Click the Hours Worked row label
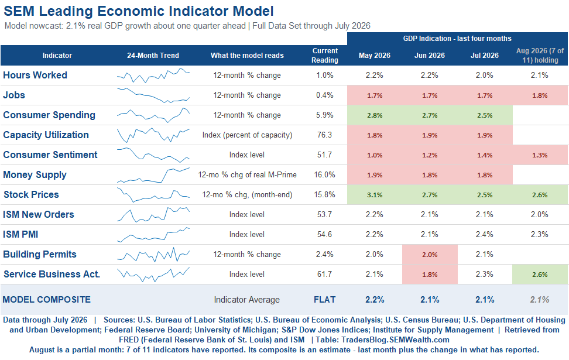coord(35,75)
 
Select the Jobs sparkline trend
coord(153,95)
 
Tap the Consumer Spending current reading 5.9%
coord(324,115)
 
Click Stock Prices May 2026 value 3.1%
coord(375,195)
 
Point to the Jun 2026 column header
coord(430,56)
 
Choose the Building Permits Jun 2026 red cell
coord(430,255)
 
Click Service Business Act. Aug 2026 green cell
coord(540,275)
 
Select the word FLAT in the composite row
coord(324,300)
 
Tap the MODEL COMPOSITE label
coord(47,300)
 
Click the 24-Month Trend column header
coord(153,56)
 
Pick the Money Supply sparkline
coord(153,175)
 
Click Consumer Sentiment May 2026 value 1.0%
coord(375,155)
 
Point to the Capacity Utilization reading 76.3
coord(324,135)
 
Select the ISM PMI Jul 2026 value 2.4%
coord(485,234)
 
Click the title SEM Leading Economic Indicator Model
coord(139,11)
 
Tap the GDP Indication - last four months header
coord(457,39)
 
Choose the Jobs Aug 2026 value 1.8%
coord(540,95)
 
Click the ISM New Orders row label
coord(39,214)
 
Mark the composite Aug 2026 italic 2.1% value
coord(540,300)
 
